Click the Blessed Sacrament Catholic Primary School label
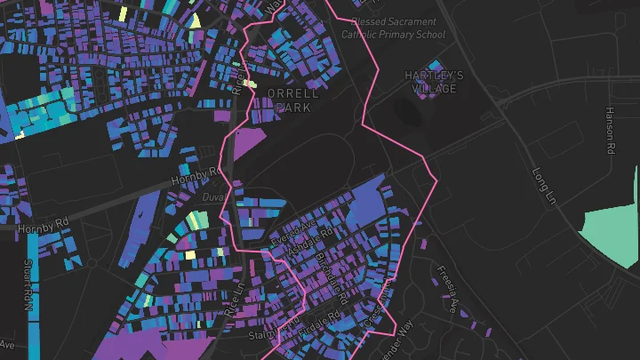point(394,28)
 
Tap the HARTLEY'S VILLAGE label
point(434,82)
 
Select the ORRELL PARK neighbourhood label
point(292,100)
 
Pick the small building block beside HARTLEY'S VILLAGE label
point(434,66)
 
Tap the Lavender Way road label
point(397,340)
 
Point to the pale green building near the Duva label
point(197,220)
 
